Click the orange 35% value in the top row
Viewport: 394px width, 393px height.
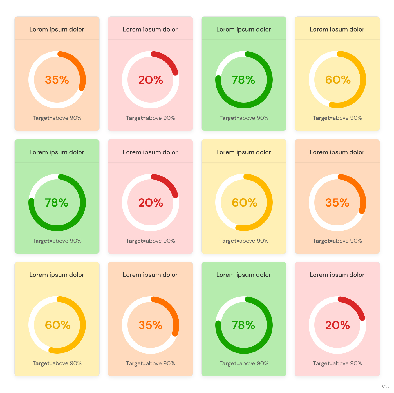point(57,80)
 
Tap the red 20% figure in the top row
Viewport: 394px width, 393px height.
point(151,80)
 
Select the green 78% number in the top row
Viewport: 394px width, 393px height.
point(243,80)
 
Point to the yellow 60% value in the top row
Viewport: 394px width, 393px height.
point(338,80)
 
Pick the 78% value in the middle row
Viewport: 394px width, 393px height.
point(57,203)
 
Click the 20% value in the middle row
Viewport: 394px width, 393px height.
point(151,203)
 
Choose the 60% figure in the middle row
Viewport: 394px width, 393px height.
point(244,203)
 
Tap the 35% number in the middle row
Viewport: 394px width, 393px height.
point(337,203)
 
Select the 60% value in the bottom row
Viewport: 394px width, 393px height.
point(58,325)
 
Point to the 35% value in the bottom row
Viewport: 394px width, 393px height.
point(150,325)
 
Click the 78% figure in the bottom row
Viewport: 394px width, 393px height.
point(243,325)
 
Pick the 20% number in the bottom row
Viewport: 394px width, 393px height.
point(337,325)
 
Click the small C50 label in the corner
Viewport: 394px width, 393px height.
point(386,386)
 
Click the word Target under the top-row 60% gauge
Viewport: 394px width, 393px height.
point(321,118)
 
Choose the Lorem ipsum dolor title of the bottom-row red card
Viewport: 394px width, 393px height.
point(337,275)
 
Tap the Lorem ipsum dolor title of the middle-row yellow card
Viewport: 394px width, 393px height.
point(243,152)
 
